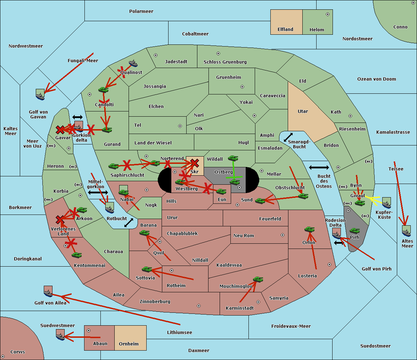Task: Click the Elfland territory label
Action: coord(285,30)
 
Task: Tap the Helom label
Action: coord(317,30)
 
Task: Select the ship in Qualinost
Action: coord(133,63)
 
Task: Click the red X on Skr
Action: coord(195,162)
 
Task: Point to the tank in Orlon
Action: coord(309,229)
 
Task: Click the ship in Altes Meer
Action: coord(406,231)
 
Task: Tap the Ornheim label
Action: coord(129,344)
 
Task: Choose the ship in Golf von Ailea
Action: coord(48,292)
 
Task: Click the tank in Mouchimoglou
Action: coord(258,279)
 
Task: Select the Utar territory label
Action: coord(303,111)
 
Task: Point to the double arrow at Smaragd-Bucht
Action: coord(288,137)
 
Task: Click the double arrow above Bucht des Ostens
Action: coord(319,168)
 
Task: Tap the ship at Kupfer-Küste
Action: coord(386,203)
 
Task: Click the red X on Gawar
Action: coord(60,130)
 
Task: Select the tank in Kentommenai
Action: coord(77,255)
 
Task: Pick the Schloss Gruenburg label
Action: coord(225,62)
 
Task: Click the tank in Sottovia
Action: coord(147,269)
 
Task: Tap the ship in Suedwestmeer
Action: coord(60,335)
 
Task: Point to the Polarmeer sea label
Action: coord(141,11)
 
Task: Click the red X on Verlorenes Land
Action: coord(60,220)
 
